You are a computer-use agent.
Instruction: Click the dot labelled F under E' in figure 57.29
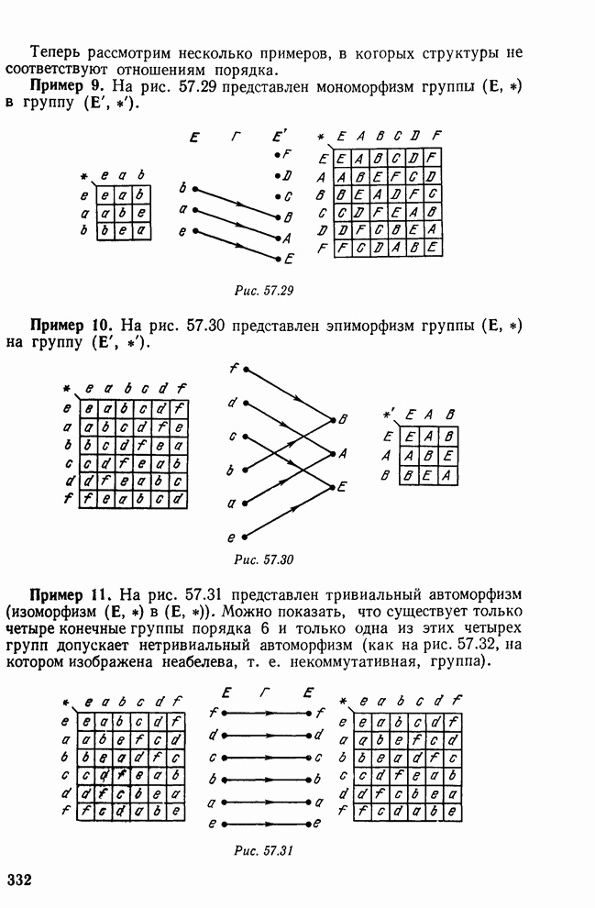pyautogui.click(x=277, y=155)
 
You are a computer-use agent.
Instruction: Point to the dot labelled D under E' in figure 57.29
pyautogui.click(x=277, y=175)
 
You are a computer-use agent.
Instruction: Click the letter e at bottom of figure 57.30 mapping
pyautogui.click(x=233, y=537)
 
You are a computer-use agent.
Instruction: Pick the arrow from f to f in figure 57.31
pyautogui.click(x=265, y=712)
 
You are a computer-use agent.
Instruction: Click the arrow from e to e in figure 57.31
pyautogui.click(x=265, y=825)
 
